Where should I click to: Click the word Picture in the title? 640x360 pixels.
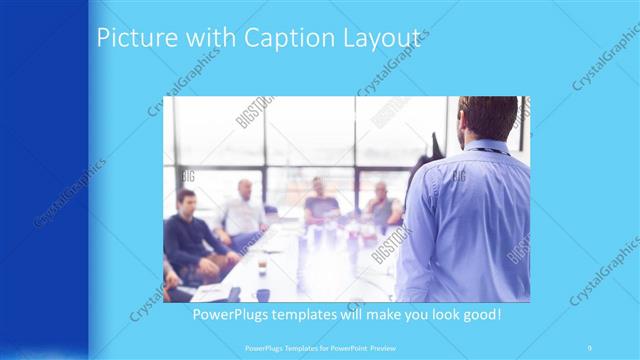[x=131, y=38]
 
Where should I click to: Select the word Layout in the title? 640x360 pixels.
[x=381, y=38]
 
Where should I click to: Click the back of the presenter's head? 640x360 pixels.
[x=489, y=116]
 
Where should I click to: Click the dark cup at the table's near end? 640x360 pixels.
[x=263, y=293]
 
